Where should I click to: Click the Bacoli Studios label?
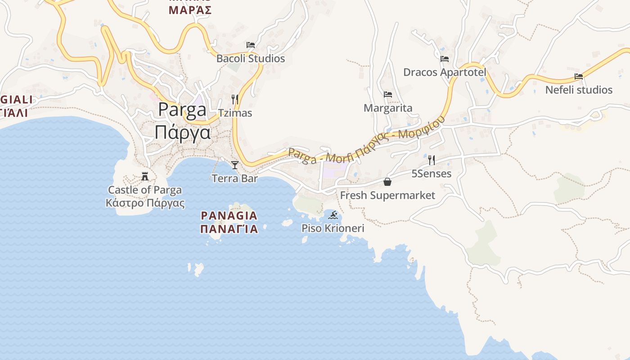coord(251,58)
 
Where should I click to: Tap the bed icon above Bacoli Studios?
coord(251,45)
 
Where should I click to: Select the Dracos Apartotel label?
coord(445,72)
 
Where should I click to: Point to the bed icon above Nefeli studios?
coord(579,76)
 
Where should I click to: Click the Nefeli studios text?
coord(579,90)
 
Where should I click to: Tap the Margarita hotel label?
coord(388,108)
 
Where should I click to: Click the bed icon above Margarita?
coord(388,94)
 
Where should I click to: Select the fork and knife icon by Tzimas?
coord(235,99)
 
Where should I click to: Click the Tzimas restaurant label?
coord(235,113)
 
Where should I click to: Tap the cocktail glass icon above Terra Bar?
coord(234,165)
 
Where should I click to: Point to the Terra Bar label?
coord(234,179)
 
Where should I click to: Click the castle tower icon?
coord(145,176)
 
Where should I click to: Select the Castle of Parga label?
coord(145,190)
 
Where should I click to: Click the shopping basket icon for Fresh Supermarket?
coord(387,182)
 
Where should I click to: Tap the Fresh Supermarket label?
coord(387,195)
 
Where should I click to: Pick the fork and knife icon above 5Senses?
coord(432,160)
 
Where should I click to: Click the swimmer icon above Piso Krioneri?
coord(333,215)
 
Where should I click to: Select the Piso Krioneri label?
coord(333,229)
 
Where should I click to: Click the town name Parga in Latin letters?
coord(182,110)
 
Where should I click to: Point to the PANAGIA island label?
coord(229,215)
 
